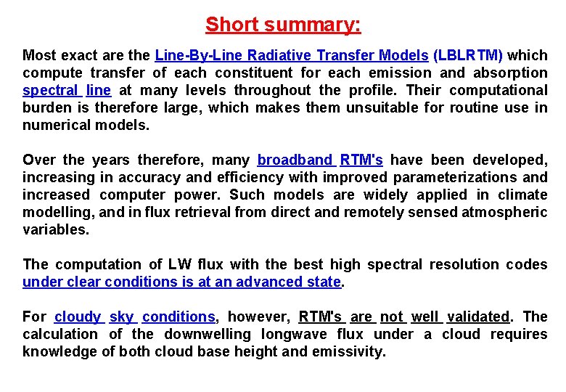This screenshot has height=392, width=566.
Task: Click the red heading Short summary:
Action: [283, 25]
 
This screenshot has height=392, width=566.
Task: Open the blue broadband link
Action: [295, 160]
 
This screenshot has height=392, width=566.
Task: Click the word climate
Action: [522, 195]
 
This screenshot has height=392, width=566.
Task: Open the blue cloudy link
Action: [78, 317]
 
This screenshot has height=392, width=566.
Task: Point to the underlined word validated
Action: [478, 317]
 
